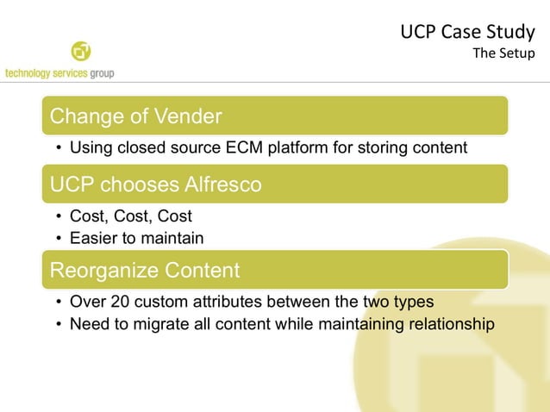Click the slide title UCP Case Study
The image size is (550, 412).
coord(467,33)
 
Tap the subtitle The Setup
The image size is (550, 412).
coord(503,53)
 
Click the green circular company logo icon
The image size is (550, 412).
coord(81,52)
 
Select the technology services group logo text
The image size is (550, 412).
coord(59,73)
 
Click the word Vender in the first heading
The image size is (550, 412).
coord(189,115)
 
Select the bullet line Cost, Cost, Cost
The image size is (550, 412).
coord(130,216)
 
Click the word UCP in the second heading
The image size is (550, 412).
coord(72,184)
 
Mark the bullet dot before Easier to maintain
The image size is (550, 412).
coord(57,238)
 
